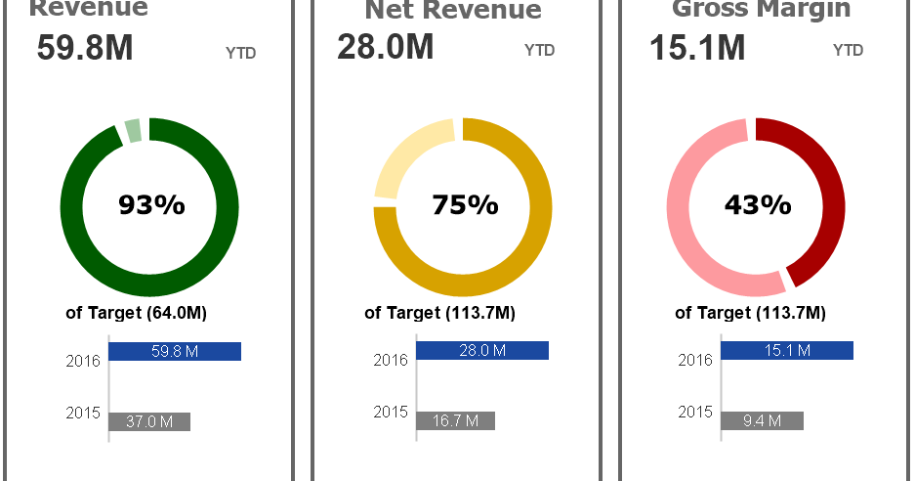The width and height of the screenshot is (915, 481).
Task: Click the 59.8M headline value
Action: tap(85, 49)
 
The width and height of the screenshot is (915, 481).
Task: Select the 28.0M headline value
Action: tap(385, 47)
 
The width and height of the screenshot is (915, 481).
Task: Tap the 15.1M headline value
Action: tap(697, 47)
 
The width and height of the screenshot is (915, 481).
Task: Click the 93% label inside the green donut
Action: tap(151, 205)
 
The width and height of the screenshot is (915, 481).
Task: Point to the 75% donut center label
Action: tap(465, 205)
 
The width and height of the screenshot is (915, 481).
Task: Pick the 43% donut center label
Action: tap(757, 205)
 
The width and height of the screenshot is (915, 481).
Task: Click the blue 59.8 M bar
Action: tap(175, 351)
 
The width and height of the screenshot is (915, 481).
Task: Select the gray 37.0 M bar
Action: tap(149, 421)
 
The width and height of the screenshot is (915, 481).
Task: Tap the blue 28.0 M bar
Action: tap(482, 350)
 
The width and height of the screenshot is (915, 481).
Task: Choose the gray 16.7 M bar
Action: tap(456, 420)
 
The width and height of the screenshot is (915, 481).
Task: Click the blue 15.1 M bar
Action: tap(787, 350)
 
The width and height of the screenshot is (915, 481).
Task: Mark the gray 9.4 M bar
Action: tap(763, 420)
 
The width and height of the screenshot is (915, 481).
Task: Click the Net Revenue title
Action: tap(453, 11)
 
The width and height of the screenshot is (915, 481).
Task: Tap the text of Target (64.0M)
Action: tap(136, 313)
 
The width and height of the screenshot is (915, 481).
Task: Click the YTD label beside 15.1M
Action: tap(848, 51)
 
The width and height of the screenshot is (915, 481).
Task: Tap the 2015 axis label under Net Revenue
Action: tap(391, 413)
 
